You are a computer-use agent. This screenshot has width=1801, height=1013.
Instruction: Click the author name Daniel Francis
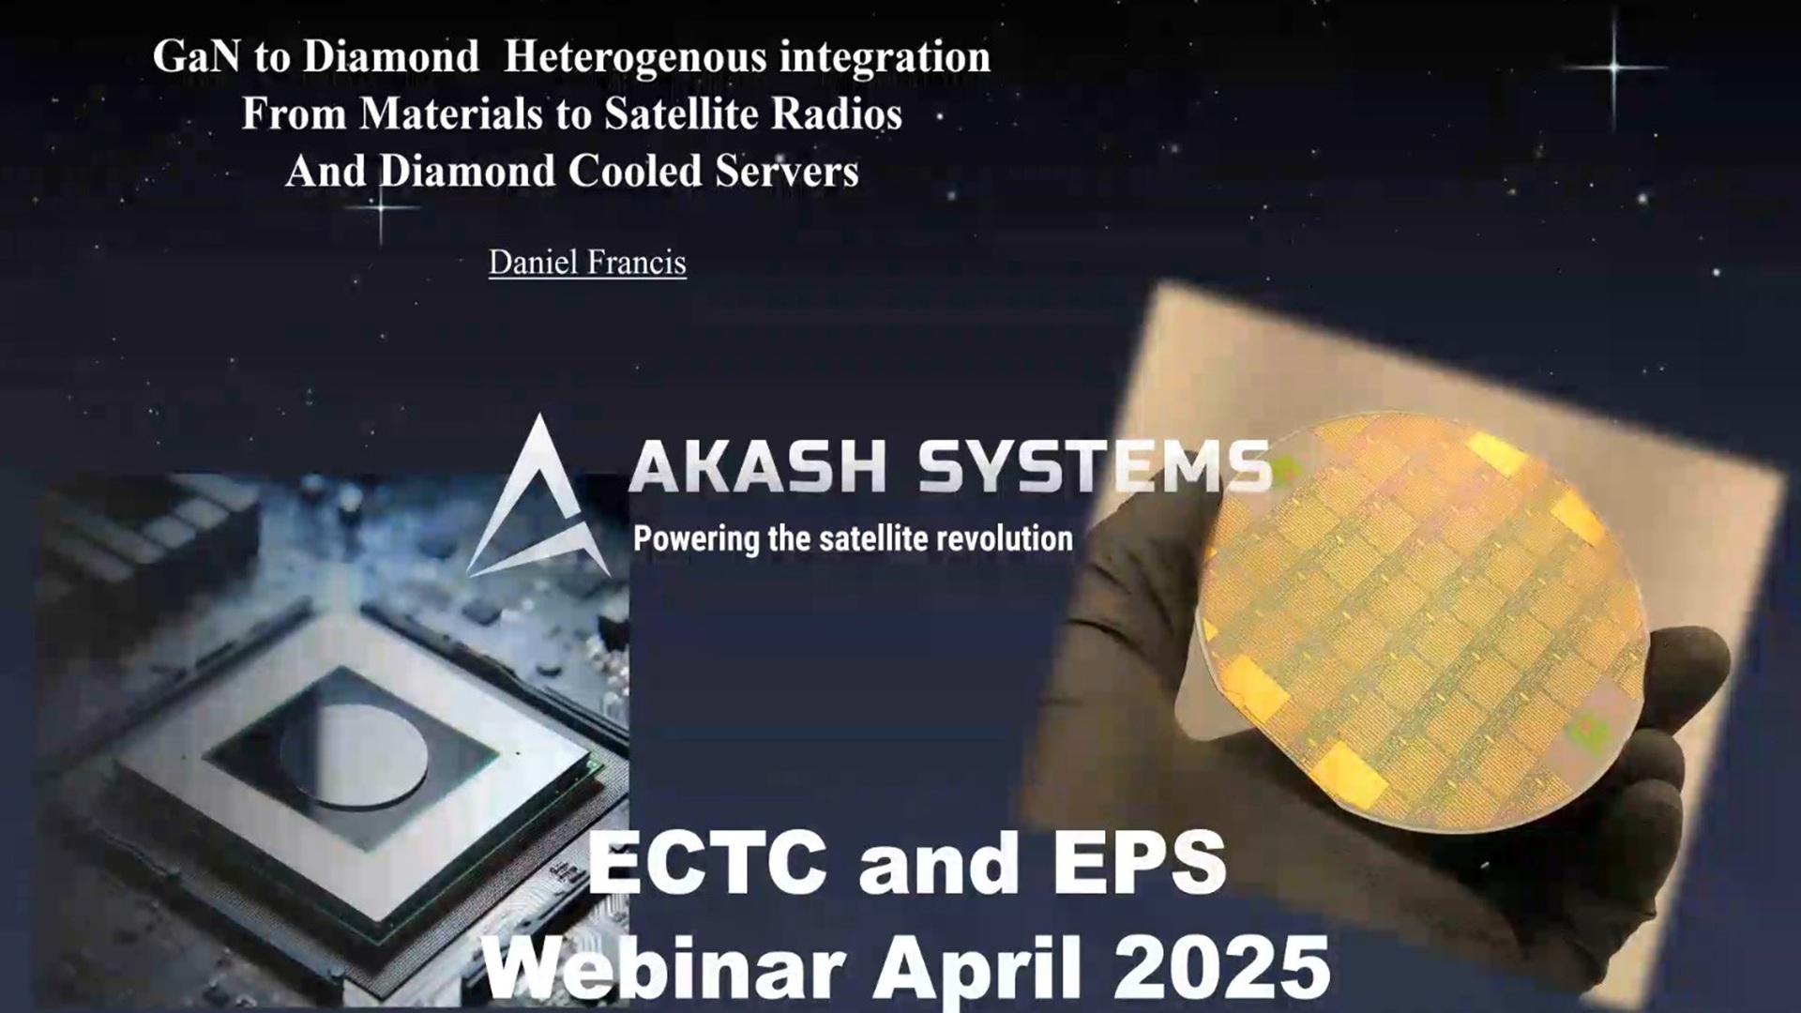tap(587, 263)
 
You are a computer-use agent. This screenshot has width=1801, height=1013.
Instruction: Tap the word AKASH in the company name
tap(757, 466)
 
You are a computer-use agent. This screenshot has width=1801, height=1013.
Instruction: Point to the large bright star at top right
tap(1614, 68)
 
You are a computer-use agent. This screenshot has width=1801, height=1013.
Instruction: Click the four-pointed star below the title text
tap(381, 206)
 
